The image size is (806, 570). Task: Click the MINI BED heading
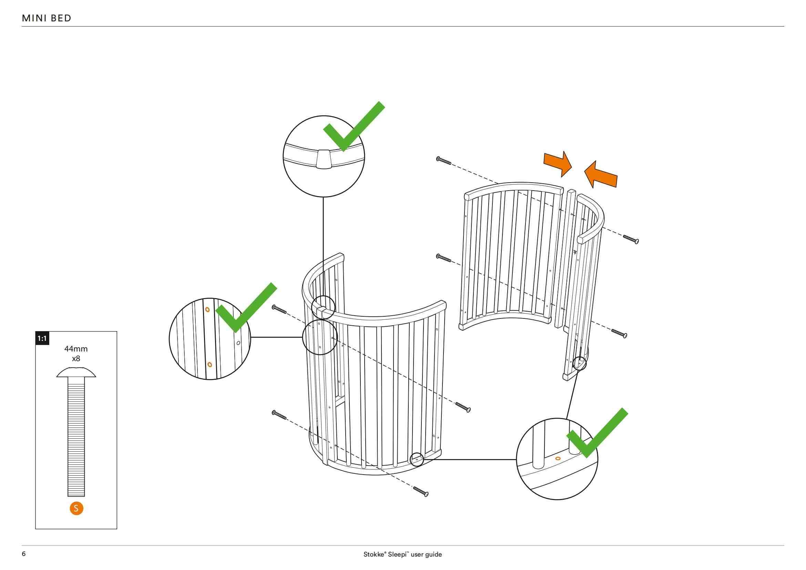tap(46, 18)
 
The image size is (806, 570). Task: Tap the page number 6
tap(23, 554)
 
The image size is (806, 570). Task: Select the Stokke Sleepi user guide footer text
tap(402, 554)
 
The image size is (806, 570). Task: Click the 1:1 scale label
tap(42, 338)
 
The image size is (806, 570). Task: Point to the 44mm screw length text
tap(76, 349)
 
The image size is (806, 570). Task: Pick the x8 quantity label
tap(76, 359)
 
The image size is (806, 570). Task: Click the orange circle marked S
tap(76, 508)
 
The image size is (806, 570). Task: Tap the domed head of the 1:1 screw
tap(76, 373)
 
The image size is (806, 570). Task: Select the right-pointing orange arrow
tap(558, 163)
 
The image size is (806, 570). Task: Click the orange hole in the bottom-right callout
tap(558, 458)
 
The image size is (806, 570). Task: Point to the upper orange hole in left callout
tap(207, 309)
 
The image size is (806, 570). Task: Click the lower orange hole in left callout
tap(210, 364)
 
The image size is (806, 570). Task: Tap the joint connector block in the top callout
tap(323, 159)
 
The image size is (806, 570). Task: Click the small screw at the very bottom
tap(421, 491)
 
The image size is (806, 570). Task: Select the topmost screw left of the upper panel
tap(443, 161)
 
